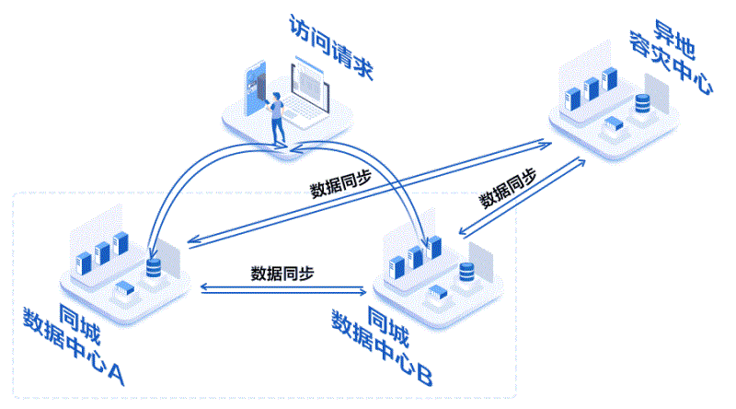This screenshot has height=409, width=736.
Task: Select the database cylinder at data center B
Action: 466,272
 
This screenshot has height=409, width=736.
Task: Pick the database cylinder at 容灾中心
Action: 642,107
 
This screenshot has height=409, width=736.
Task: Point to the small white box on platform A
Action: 123,291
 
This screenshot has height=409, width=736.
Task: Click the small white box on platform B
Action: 439,293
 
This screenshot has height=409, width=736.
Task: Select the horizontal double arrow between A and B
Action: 282,290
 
